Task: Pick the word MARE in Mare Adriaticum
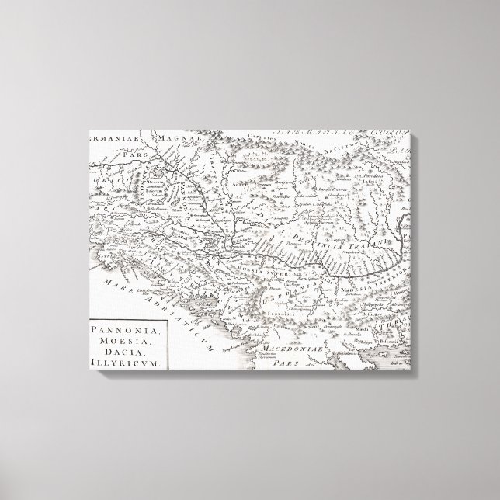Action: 118,276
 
